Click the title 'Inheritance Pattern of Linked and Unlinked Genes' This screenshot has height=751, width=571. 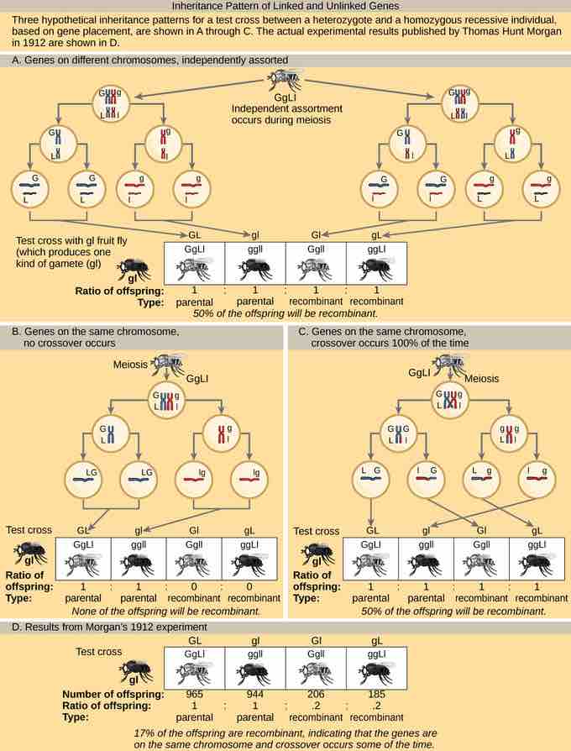pos(285,6)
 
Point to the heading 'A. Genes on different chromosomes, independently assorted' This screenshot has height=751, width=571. pos(151,61)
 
